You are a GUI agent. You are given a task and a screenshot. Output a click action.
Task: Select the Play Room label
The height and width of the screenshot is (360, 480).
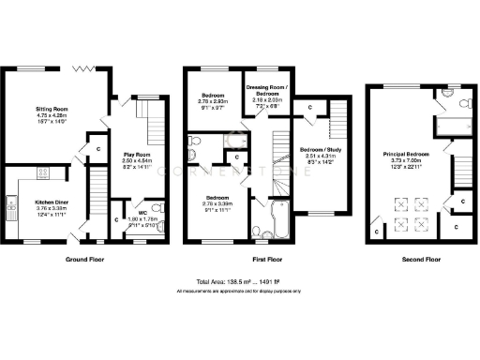coord(138,155)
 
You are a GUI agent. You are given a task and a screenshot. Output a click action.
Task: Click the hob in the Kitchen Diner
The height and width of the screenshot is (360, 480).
coord(42,172)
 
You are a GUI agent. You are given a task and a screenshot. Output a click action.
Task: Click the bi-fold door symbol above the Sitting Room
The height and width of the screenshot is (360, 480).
coord(83,67)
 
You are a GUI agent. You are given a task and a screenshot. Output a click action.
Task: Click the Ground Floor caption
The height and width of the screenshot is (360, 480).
coord(84,258)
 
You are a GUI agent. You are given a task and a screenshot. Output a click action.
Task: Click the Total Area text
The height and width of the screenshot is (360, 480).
coord(240,282)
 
